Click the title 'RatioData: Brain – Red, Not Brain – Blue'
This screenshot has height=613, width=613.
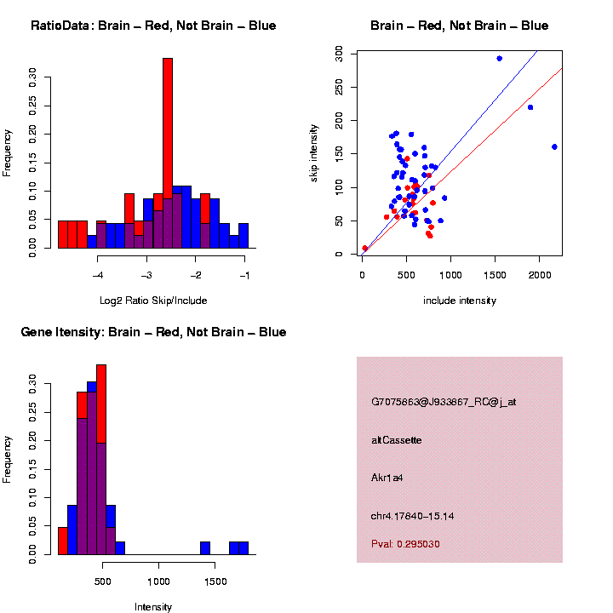153,26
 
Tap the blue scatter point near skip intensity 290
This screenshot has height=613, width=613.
500,59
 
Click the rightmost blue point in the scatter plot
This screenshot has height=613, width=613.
554,146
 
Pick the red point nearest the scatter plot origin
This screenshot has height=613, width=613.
364,249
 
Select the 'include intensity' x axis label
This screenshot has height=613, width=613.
460,300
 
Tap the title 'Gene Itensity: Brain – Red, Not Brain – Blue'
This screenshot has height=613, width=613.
153,332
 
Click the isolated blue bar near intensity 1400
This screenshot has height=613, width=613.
205,548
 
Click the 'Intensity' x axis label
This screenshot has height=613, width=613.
153,606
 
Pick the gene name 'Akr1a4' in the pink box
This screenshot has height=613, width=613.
387,478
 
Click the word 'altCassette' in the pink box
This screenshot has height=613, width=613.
397,440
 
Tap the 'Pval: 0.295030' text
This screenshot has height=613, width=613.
405,544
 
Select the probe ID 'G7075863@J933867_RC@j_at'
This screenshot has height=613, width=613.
444,402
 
